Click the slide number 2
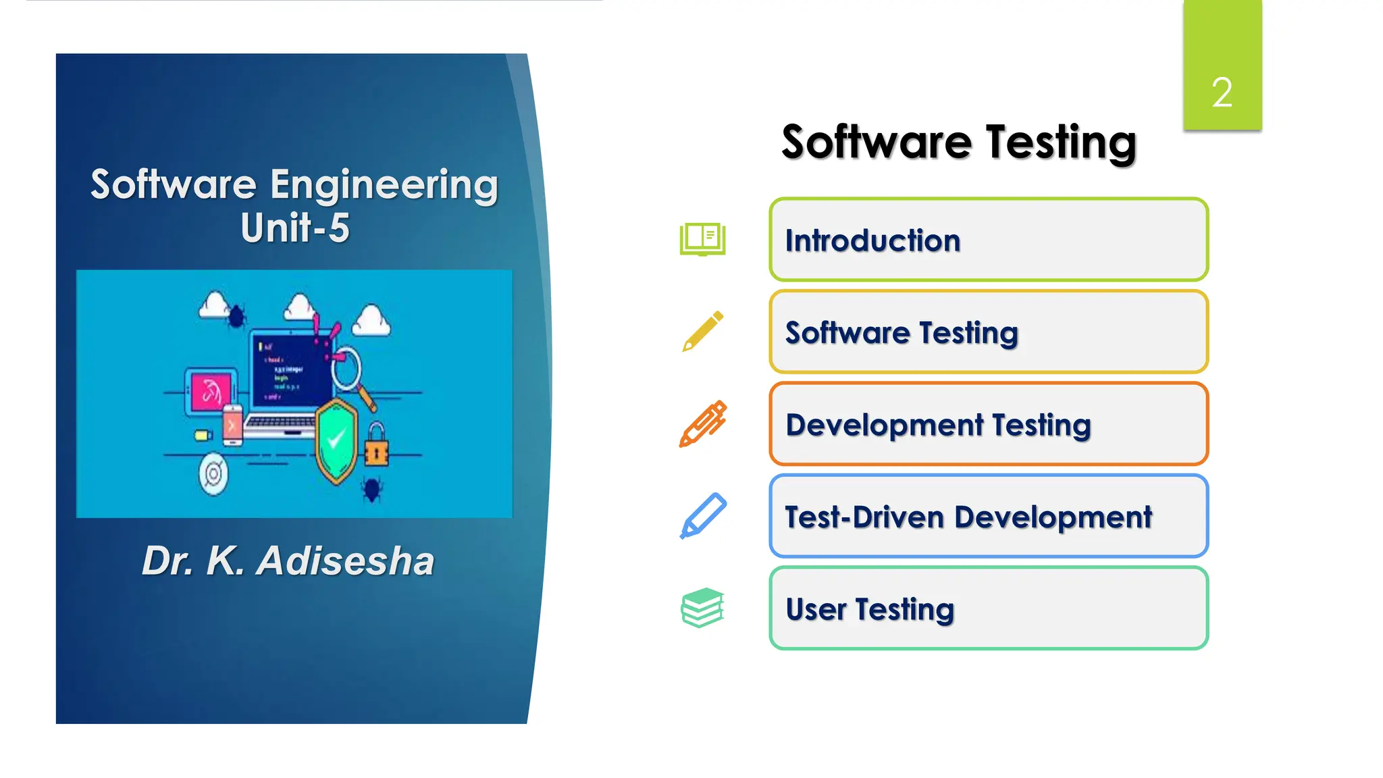[x=1222, y=93]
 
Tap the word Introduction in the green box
[x=872, y=241]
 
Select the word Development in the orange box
[x=884, y=425]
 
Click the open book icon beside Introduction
[x=702, y=240]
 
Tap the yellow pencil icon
[x=702, y=332]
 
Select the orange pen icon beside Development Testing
[x=702, y=423]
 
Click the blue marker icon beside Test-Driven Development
[x=702, y=516]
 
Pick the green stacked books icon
[x=702, y=607]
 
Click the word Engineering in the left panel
[x=384, y=185]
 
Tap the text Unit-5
[x=295, y=228]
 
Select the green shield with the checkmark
[x=336, y=440]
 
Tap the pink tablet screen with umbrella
[x=210, y=391]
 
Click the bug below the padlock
[x=371, y=489]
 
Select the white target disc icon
[x=213, y=474]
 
